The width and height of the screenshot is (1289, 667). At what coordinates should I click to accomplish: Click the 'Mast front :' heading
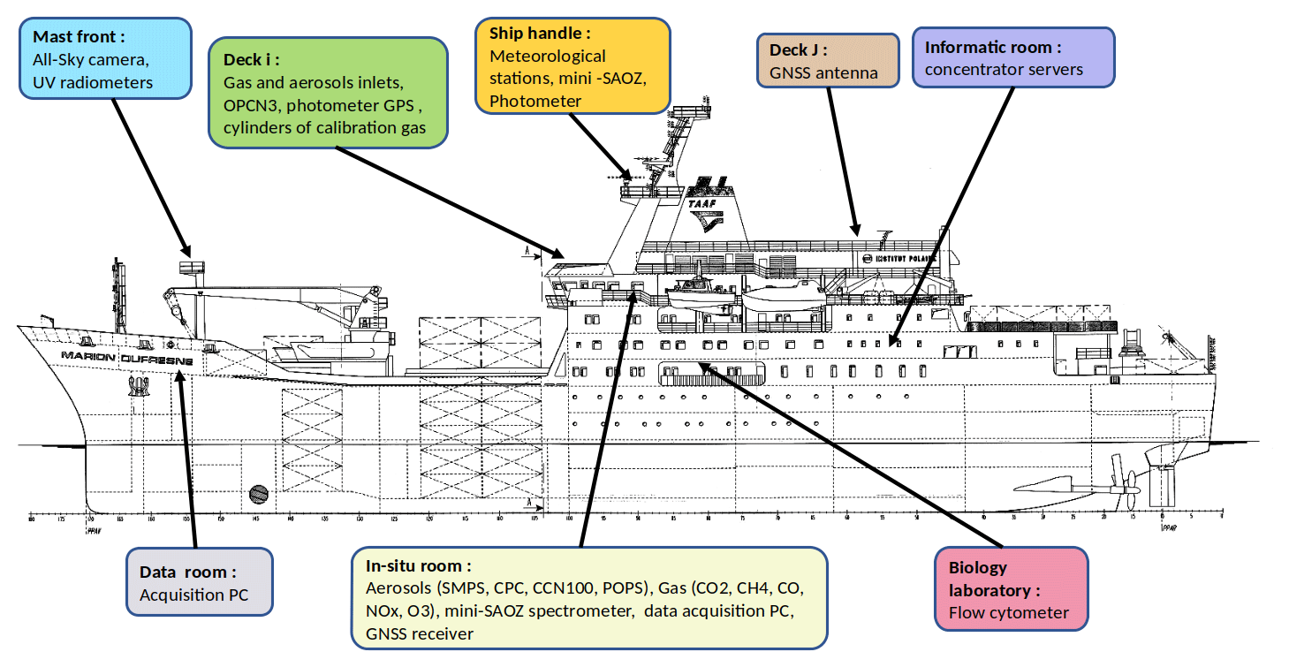[79, 37]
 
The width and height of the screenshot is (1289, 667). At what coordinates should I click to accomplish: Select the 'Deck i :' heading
[252, 59]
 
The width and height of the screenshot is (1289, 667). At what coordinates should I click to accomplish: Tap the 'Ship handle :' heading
[540, 34]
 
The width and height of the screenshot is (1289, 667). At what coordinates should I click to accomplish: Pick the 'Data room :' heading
[188, 572]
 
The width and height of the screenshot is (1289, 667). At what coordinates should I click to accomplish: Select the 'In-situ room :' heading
[419, 565]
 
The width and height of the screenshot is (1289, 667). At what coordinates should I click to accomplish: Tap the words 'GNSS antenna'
[823, 73]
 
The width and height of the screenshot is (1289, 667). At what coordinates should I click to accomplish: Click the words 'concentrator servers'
[1004, 69]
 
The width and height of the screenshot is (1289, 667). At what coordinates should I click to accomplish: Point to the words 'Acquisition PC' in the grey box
[194, 595]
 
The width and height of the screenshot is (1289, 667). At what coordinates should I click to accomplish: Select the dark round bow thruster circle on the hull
[259, 492]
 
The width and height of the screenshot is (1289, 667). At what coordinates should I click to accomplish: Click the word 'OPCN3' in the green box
[250, 106]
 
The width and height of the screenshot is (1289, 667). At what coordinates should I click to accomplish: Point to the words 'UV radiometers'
[91, 82]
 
